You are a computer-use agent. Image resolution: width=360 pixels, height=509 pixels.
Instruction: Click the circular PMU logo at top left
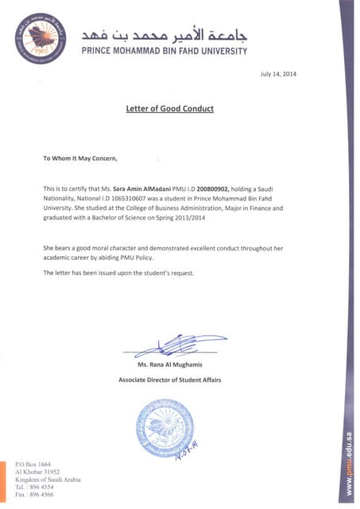click(39, 40)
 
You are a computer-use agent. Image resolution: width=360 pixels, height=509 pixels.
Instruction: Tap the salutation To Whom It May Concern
click(79, 158)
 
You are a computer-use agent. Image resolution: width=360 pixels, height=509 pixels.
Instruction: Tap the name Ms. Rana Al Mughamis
click(169, 364)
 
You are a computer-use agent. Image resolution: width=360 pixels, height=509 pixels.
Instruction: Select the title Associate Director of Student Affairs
click(169, 380)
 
